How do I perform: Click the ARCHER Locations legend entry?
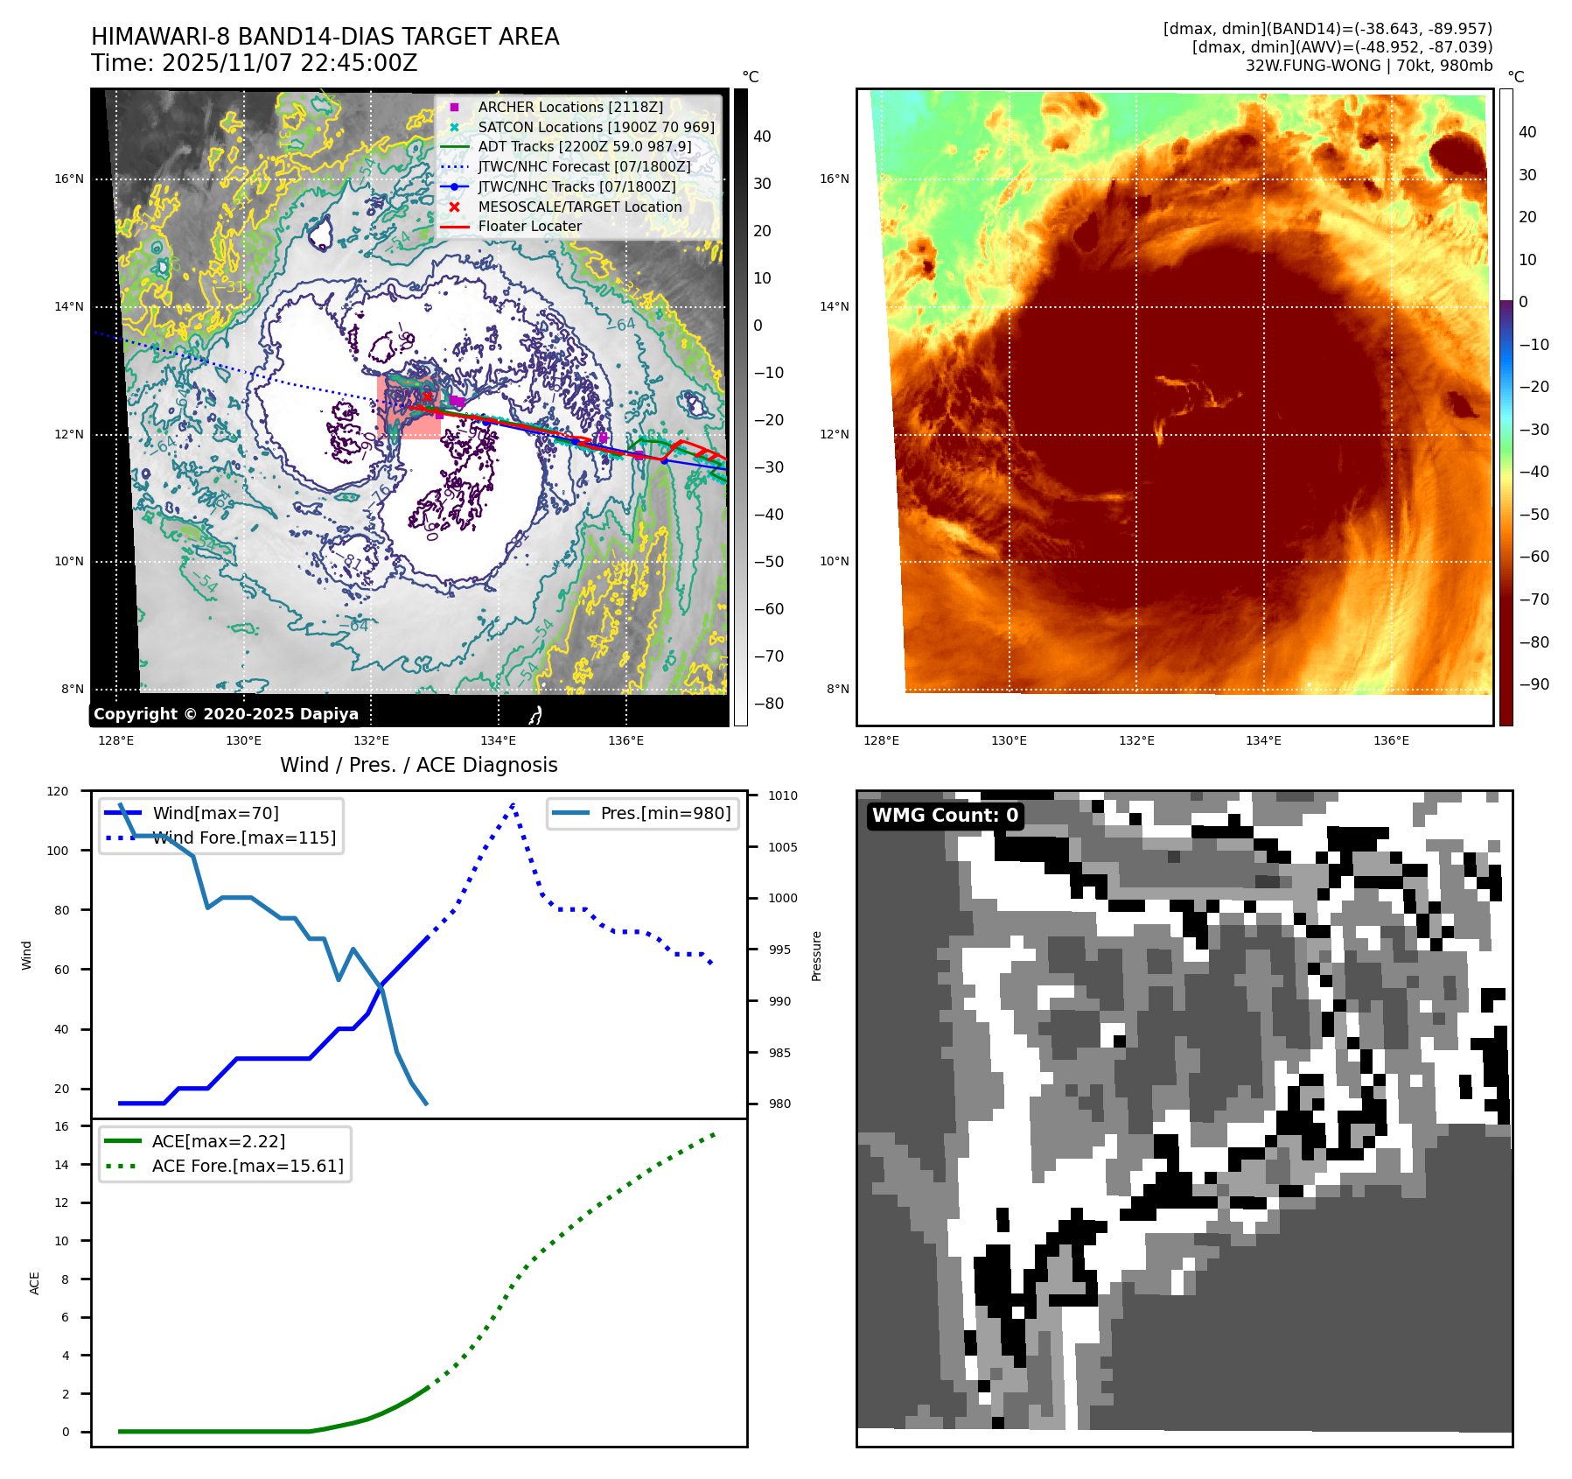point(570,107)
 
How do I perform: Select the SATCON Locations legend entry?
point(596,127)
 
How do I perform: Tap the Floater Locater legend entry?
point(529,226)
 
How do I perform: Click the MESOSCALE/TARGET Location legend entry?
point(579,207)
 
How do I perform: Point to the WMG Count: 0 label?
point(945,816)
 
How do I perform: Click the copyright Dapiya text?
point(226,714)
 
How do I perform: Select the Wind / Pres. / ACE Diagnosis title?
point(418,765)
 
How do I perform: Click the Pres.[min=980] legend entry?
point(665,813)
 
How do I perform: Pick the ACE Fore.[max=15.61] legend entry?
point(248,1166)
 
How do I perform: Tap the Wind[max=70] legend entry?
point(215,813)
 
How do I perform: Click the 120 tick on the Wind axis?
point(58,791)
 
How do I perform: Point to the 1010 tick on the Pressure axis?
point(783,796)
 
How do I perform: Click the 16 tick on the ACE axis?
point(62,1126)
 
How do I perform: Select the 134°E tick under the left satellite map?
point(498,740)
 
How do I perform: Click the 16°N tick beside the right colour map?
point(834,179)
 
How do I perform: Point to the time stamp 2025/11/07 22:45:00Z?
point(290,63)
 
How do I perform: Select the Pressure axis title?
point(816,956)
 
